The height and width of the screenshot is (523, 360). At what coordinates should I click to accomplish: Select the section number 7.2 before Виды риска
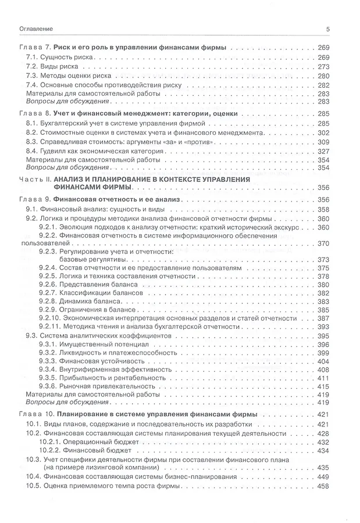click(32, 67)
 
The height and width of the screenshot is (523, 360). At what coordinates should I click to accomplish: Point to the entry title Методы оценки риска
click(72, 76)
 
